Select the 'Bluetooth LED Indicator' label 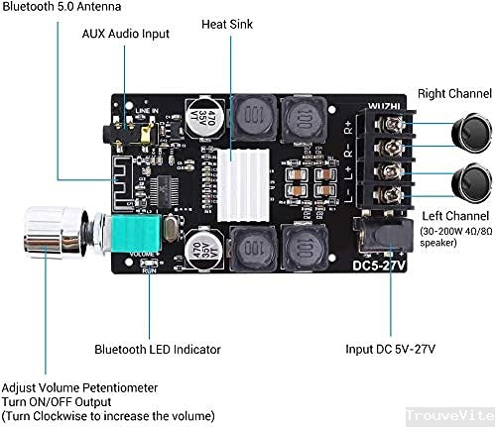pyautogui.click(x=158, y=349)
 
